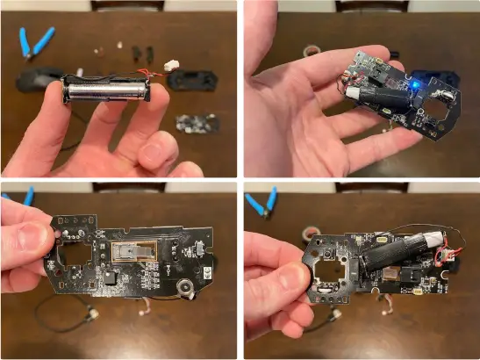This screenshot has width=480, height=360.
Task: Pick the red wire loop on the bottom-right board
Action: (x=448, y=256)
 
